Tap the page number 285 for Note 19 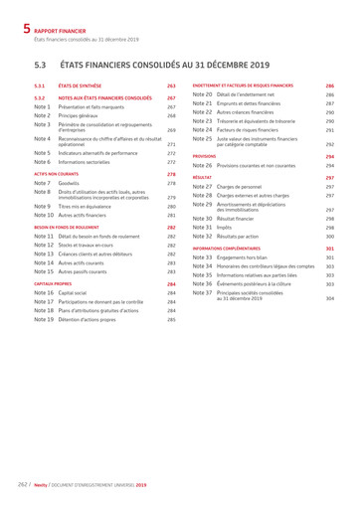pyautogui.click(x=170, y=319)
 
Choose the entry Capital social pyautogui.click(x=80, y=293)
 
